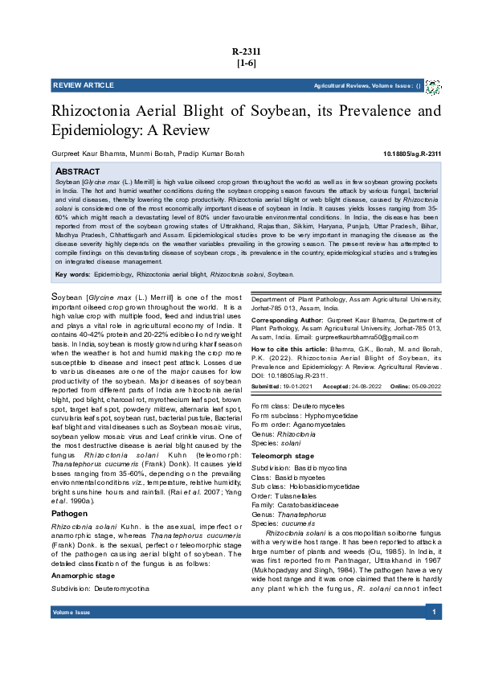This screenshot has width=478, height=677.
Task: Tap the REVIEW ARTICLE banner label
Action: click(x=84, y=85)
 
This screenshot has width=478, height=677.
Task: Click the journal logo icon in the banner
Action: click(x=432, y=85)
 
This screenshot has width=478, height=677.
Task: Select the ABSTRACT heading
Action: click(x=77, y=172)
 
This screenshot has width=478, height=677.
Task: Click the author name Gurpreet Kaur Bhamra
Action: click(x=81, y=153)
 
